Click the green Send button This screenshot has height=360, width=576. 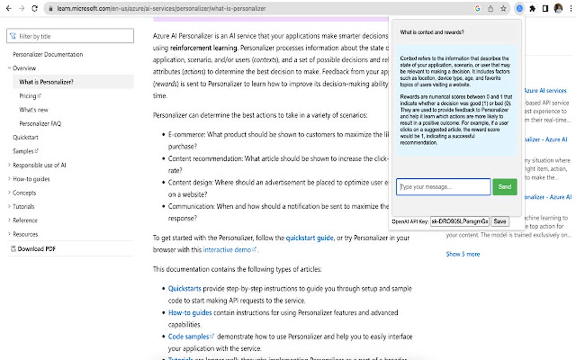click(504, 187)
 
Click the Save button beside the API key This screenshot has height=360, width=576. click(500, 221)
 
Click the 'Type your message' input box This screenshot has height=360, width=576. click(443, 187)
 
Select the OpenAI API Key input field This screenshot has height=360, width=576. click(460, 221)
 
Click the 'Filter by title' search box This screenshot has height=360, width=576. click(70, 36)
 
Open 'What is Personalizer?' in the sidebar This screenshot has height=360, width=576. click(46, 82)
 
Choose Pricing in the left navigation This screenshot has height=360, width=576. click(28, 96)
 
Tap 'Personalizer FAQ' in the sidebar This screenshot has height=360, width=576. click(40, 124)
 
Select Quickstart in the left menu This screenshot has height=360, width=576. click(25, 137)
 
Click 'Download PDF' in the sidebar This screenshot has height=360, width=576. click(37, 249)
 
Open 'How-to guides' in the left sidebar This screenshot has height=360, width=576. click(31, 179)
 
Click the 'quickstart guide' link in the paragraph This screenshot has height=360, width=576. click(309, 238)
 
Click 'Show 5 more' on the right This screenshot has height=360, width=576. click(463, 254)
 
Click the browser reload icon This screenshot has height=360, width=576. click(35, 8)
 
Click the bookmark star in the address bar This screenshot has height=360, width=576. click(503, 8)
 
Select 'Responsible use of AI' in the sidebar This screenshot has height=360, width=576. click(40, 165)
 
